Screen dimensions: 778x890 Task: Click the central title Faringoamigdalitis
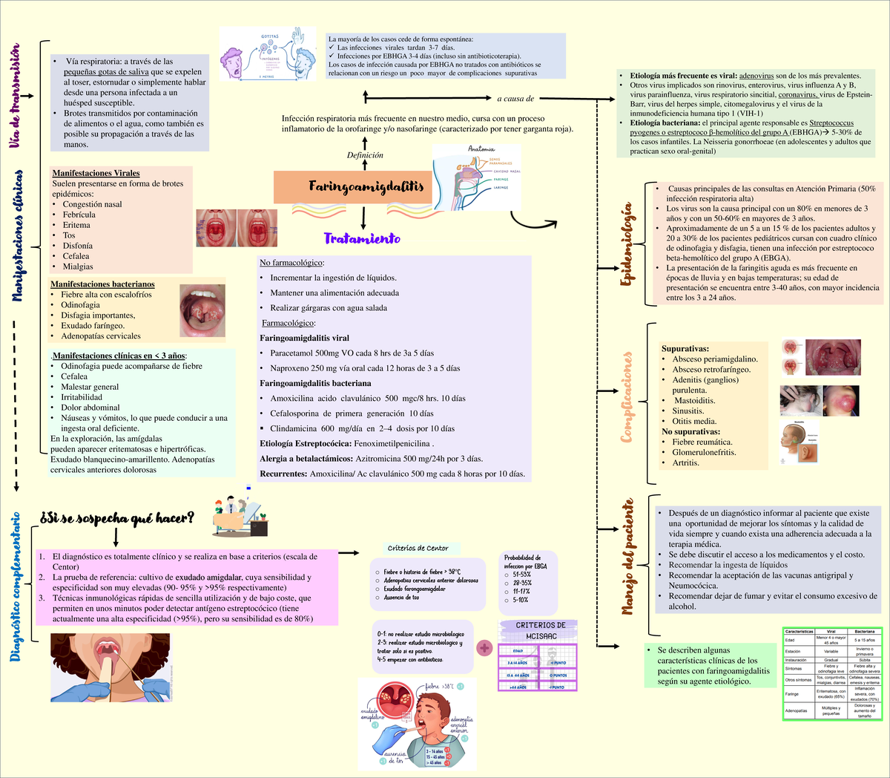coord(366,186)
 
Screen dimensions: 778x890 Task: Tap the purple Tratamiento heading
coord(362,238)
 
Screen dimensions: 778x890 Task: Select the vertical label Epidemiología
coord(627,245)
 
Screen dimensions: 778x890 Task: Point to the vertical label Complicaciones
coord(627,397)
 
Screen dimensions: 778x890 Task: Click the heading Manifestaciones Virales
coord(96,173)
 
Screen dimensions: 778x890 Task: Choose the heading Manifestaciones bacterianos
coord(102,284)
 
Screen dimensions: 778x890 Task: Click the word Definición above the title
coord(365,155)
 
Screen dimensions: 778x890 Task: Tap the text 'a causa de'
coord(515,98)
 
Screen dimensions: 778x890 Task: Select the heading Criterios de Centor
coord(418,548)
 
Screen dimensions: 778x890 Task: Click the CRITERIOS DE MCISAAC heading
coord(541,630)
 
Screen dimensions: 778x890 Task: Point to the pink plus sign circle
coord(485,648)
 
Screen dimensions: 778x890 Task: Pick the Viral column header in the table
coord(831,631)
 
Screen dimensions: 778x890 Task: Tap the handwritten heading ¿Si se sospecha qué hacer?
coord(117,518)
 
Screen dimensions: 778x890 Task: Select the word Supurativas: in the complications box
coord(685,348)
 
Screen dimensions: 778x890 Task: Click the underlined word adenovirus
coord(759,76)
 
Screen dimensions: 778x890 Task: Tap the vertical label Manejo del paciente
coord(627,557)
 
